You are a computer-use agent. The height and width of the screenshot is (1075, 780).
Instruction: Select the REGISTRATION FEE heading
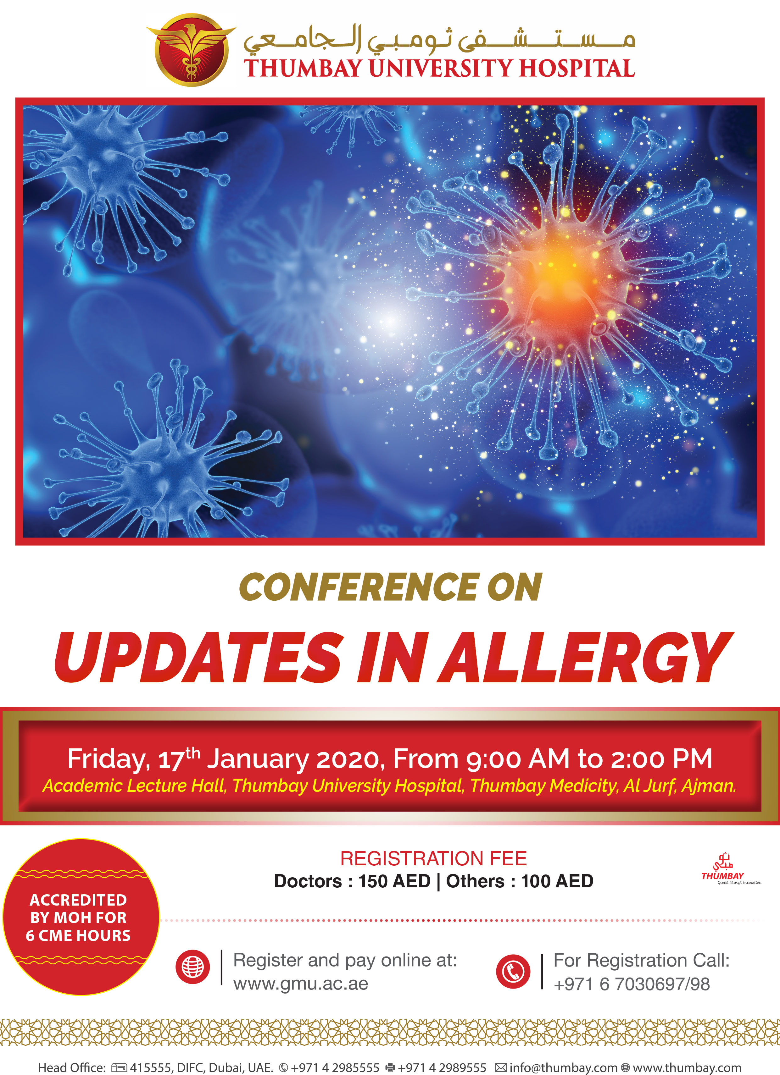coord(433,858)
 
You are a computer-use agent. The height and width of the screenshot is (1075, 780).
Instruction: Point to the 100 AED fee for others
coord(557,881)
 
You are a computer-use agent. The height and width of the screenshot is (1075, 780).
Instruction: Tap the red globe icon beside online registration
coord(192,967)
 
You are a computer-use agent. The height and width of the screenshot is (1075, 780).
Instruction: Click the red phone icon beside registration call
coord(513,971)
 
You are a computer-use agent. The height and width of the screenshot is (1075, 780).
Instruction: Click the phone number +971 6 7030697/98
coord(632,984)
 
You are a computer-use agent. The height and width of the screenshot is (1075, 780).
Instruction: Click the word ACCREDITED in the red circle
coord(79,900)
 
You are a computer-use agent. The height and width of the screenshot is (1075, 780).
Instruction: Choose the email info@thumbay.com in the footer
coord(563,1067)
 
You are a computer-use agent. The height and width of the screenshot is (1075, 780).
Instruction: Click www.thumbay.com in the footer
coord(687,1067)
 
